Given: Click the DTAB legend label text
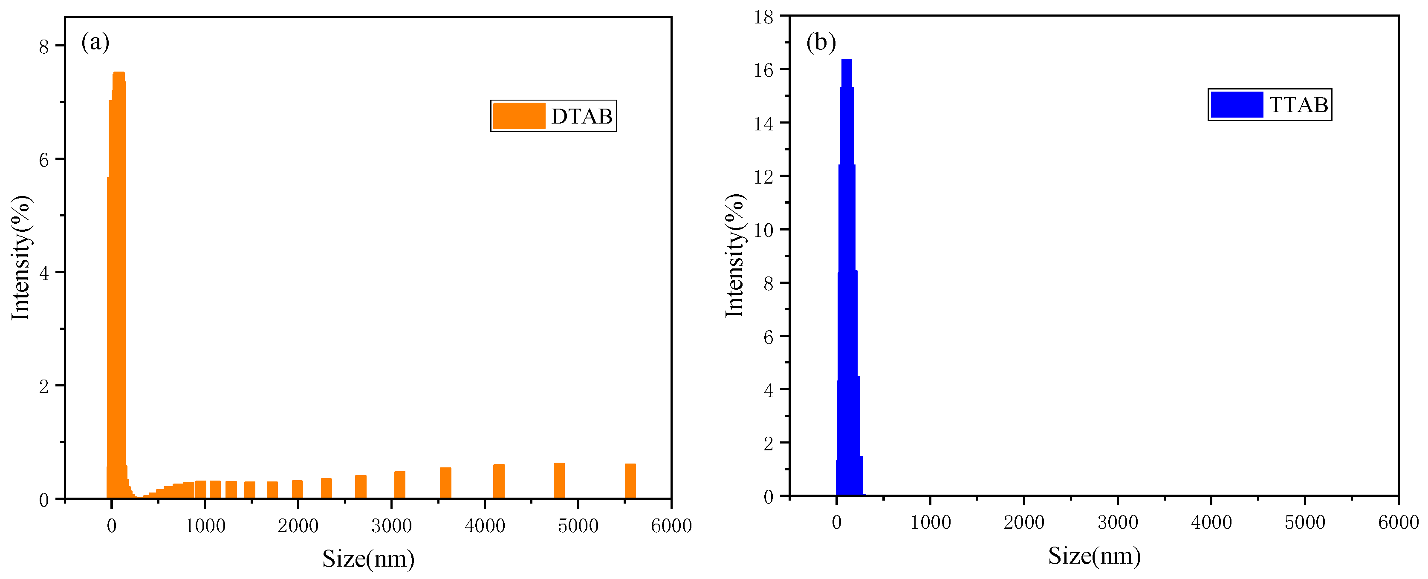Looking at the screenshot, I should pyautogui.click(x=581, y=116).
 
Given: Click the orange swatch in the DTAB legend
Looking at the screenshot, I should pyautogui.click(x=519, y=116).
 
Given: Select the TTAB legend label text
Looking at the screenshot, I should pyautogui.click(x=1298, y=105).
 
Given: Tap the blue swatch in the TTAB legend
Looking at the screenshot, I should pyautogui.click(x=1237, y=105).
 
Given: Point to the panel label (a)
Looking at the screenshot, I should pyautogui.click(x=95, y=42).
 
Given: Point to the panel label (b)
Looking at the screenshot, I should pyautogui.click(x=821, y=42).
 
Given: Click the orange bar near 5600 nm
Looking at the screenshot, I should pyautogui.click(x=630, y=481).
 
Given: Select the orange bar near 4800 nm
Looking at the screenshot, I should pyautogui.click(x=559, y=481).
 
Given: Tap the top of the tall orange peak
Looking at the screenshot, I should pyautogui.click(x=119, y=74).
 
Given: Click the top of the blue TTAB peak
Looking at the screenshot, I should pyautogui.click(x=847, y=60).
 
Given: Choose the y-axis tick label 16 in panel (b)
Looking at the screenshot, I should pyautogui.click(x=764, y=70).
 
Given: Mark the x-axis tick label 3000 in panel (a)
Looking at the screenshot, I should pyautogui.click(x=391, y=526).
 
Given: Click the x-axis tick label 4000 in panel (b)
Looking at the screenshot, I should pyautogui.click(x=1211, y=522).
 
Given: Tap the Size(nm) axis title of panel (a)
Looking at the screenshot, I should pyautogui.click(x=368, y=559).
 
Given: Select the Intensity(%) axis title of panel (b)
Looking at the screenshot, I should pyautogui.click(x=734, y=256).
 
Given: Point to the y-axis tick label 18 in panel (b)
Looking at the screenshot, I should pyautogui.click(x=764, y=17).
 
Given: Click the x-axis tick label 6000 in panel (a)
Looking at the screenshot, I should pyautogui.click(x=671, y=526).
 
